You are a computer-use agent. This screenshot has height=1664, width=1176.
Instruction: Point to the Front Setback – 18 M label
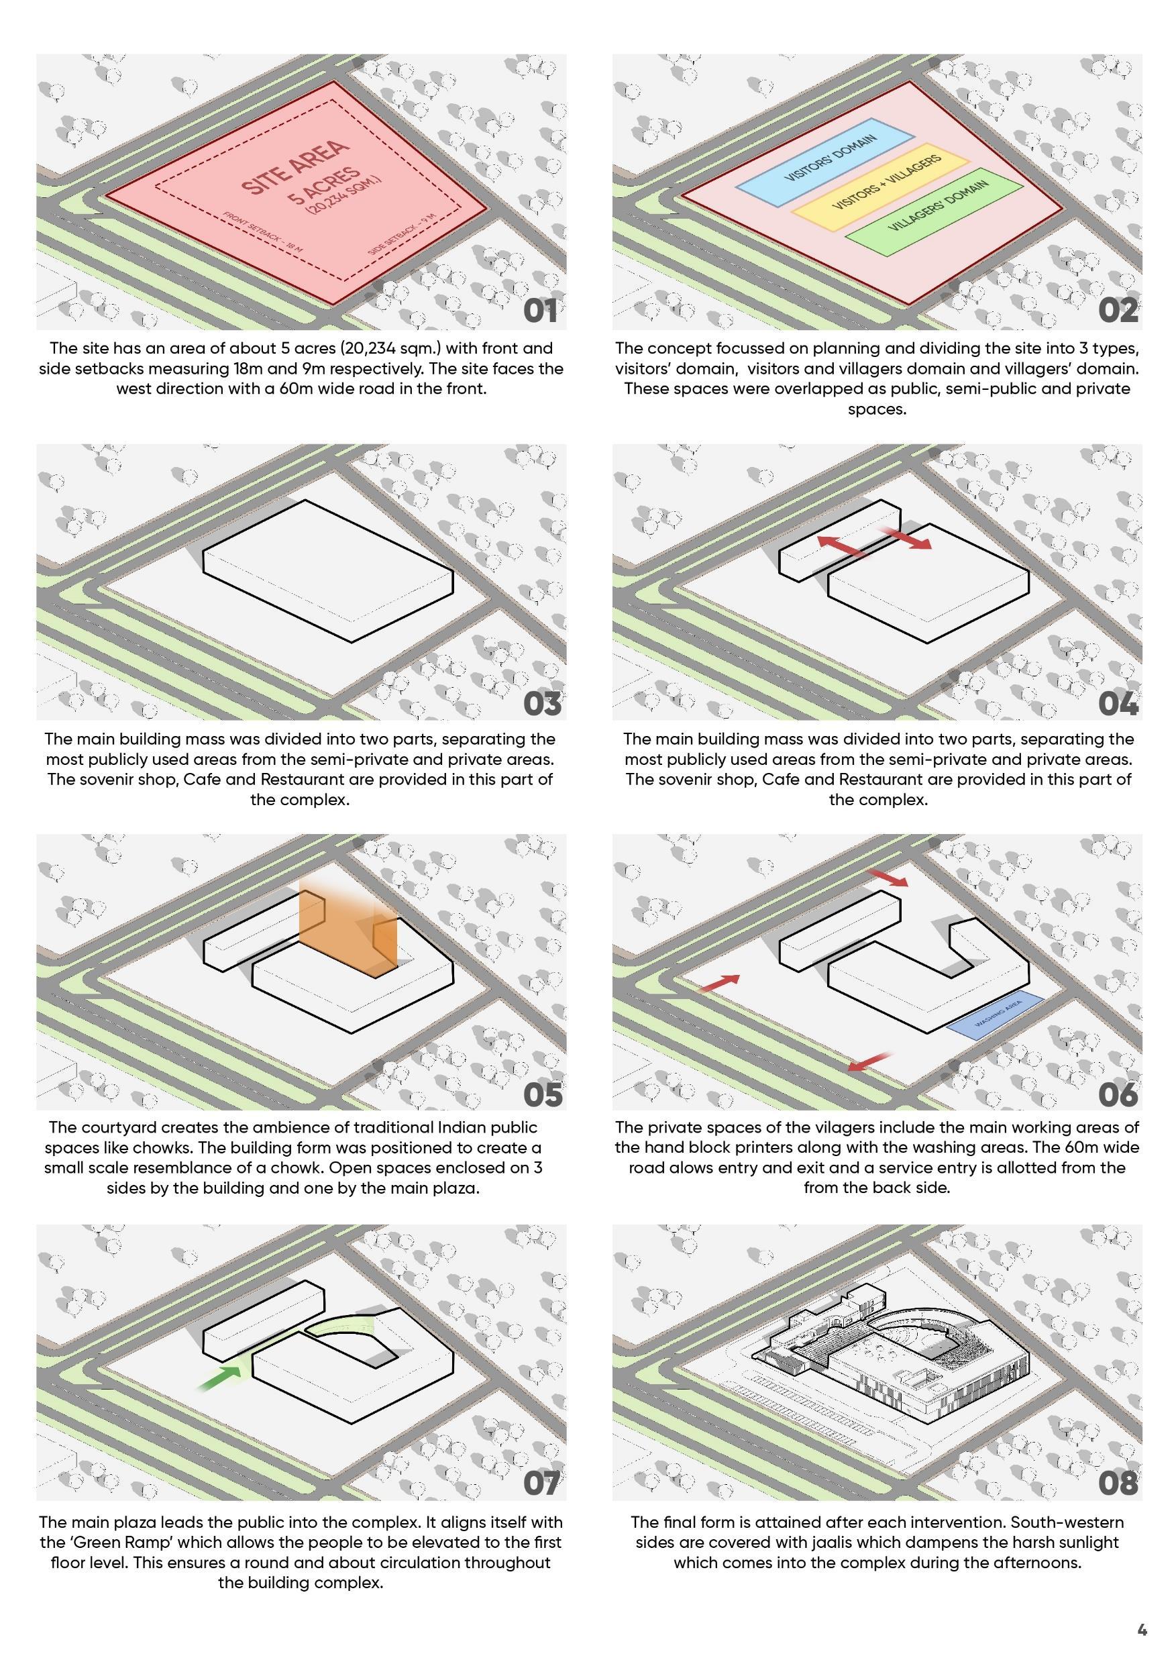click(262, 232)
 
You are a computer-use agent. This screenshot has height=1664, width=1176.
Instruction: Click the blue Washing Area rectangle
click(996, 1015)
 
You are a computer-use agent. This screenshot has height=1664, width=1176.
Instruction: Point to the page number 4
click(1142, 1630)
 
